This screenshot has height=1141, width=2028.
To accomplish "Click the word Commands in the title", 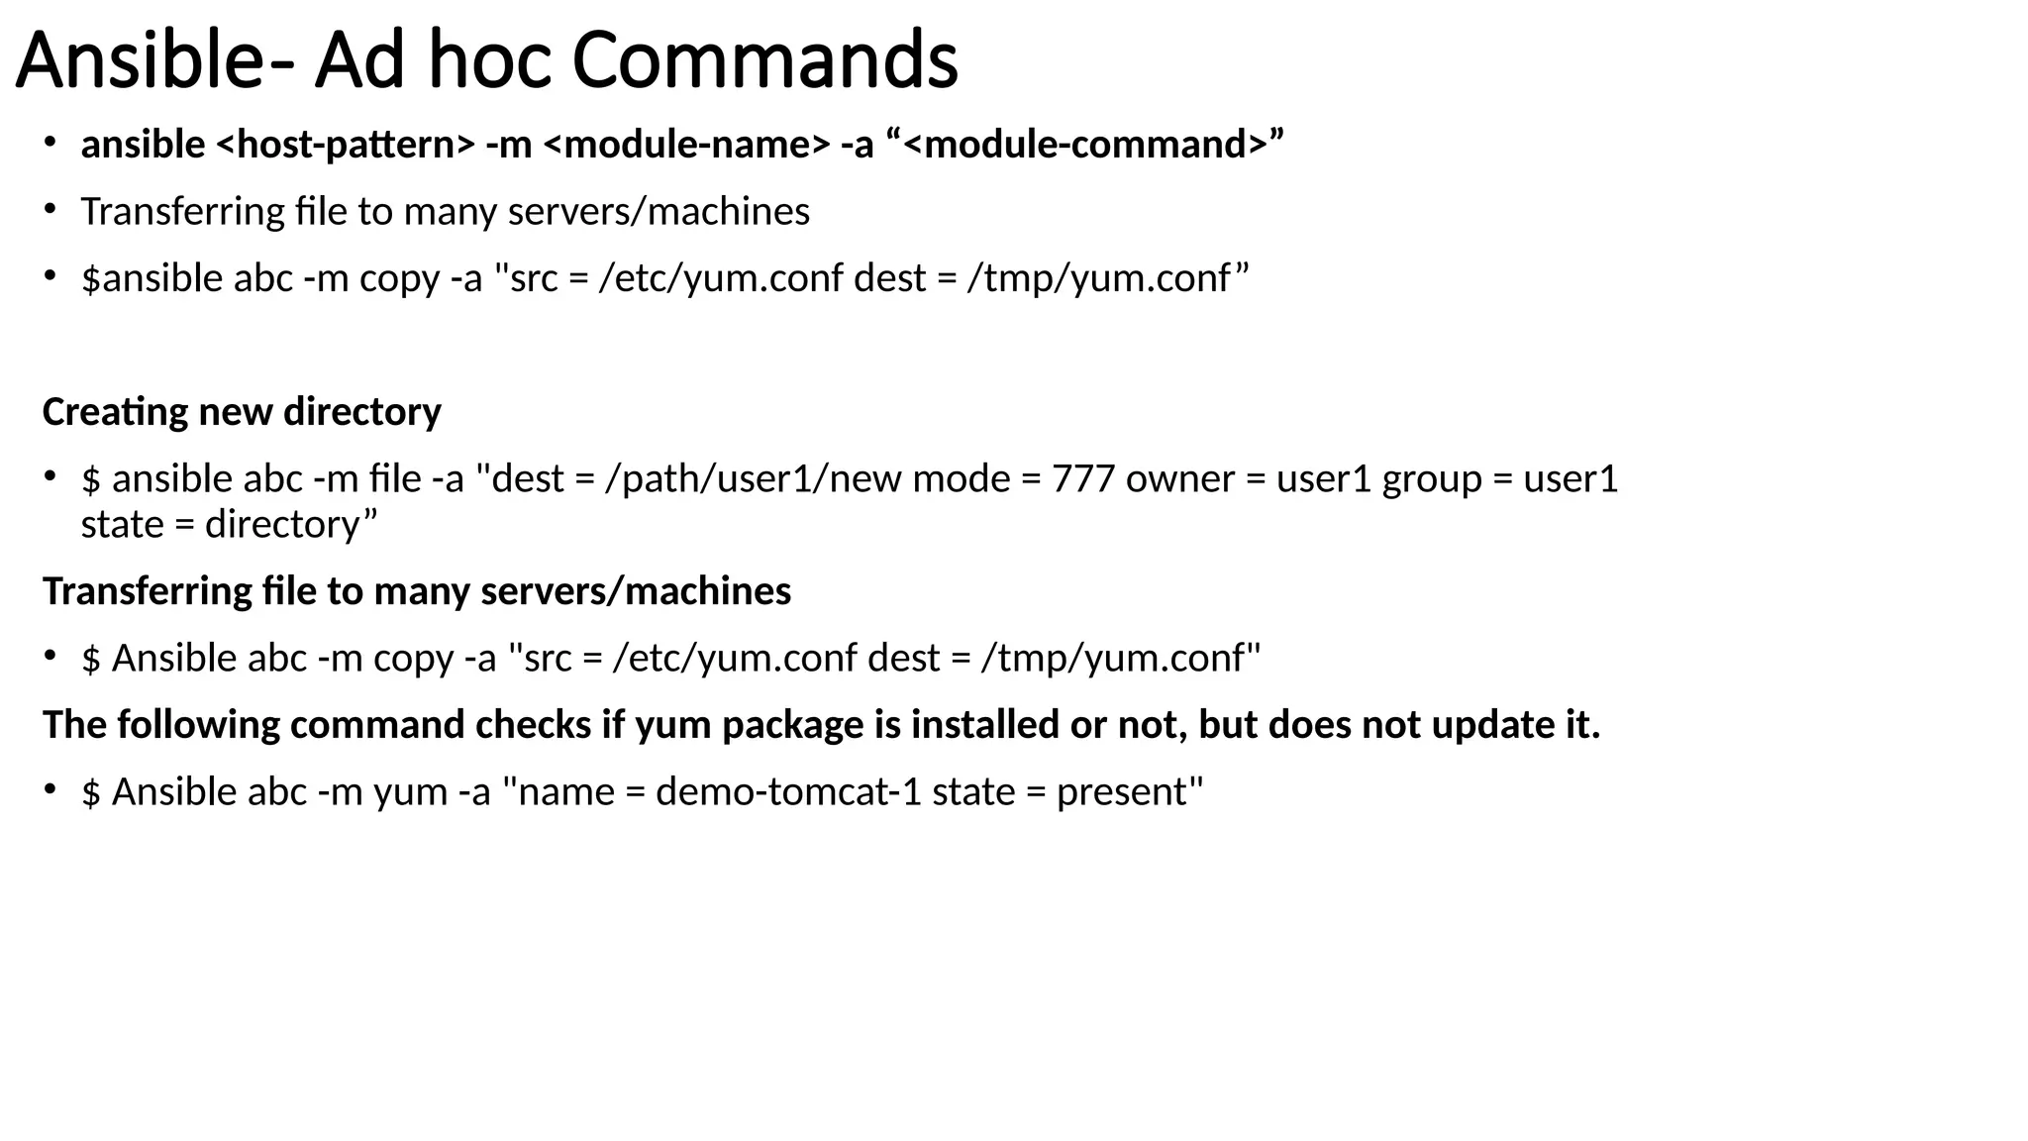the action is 764,61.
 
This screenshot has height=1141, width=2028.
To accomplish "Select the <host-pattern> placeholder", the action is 346,145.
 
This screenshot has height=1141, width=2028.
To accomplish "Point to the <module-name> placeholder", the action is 687,145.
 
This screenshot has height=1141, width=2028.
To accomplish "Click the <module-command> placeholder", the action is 1085,145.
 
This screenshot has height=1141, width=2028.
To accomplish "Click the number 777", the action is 1082,479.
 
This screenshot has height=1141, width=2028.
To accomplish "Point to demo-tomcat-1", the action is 788,792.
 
